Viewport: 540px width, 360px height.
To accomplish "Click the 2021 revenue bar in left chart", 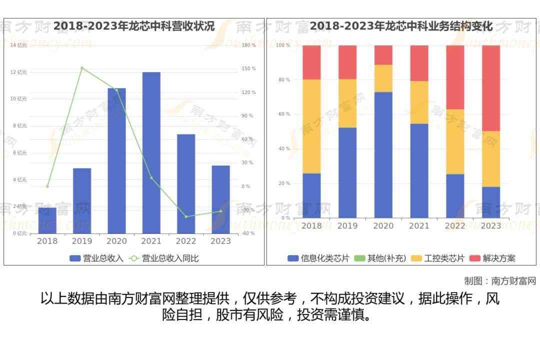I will pos(151,152).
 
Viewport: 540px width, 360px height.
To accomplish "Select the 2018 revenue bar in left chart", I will pos(47,220).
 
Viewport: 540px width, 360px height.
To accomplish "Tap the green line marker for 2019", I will pos(82,68).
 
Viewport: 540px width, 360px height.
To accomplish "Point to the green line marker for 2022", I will pos(186,216).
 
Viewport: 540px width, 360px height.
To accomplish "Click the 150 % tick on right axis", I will pos(248,68).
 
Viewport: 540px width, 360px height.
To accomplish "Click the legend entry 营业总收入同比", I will pos(164,258).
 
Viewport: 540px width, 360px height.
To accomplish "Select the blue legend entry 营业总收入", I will pos(96,258).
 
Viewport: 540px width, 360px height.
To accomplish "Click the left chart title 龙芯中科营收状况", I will pos(134,26).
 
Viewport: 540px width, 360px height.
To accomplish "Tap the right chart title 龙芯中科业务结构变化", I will pos(401,26).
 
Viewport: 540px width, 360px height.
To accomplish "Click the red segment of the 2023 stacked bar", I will pos(491,88).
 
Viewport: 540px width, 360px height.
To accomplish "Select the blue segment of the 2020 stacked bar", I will pos(383,155).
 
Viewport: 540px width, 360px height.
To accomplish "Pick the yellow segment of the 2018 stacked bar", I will pos(311,126).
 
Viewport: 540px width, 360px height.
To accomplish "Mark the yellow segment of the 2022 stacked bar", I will pos(455,141).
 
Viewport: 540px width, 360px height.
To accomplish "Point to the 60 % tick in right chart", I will pos(284,114).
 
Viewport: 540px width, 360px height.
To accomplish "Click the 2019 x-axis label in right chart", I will pos(347,226).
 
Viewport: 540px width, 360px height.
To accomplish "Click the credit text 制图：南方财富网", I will pos(500,281).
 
